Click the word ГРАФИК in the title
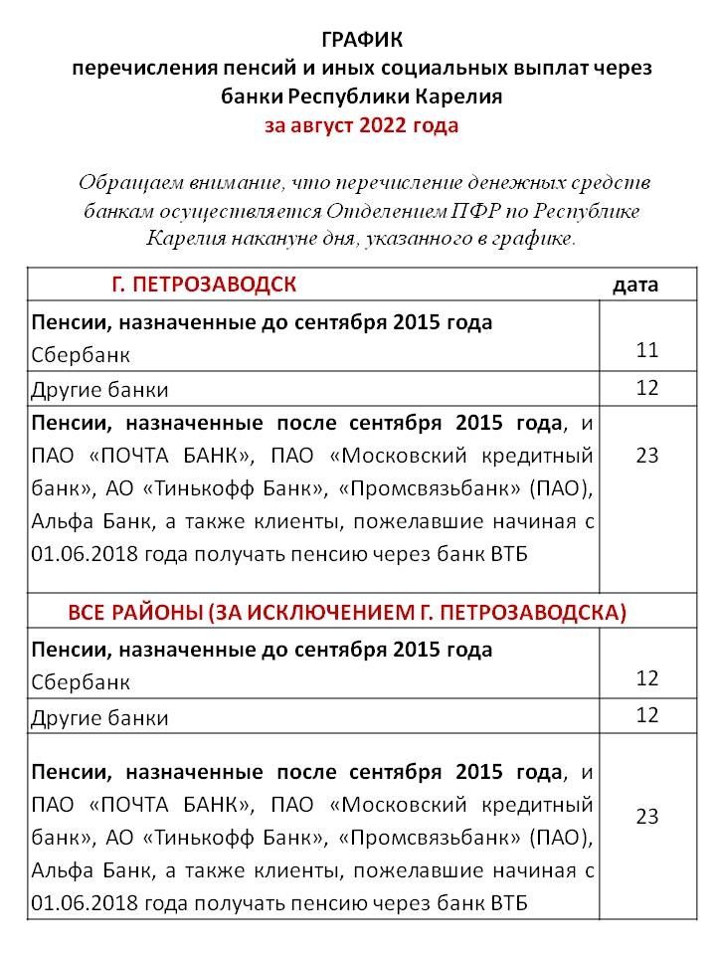click(363, 40)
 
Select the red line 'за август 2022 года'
click(361, 126)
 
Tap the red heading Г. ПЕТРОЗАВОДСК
click(204, 285)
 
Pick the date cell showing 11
click(647, 350)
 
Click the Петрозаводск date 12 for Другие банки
click(647, 388)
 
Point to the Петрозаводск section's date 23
click(647, 456)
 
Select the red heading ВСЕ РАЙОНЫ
click(347, 612)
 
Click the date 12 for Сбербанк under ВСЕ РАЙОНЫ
click(647, 678)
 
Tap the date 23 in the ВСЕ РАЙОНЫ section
click(647, 817)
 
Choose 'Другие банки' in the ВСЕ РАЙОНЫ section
click(99, 717)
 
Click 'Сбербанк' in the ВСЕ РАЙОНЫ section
click(81, 683)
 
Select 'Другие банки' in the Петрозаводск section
click(99, 389)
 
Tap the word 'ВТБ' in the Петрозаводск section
click(507, 554)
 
